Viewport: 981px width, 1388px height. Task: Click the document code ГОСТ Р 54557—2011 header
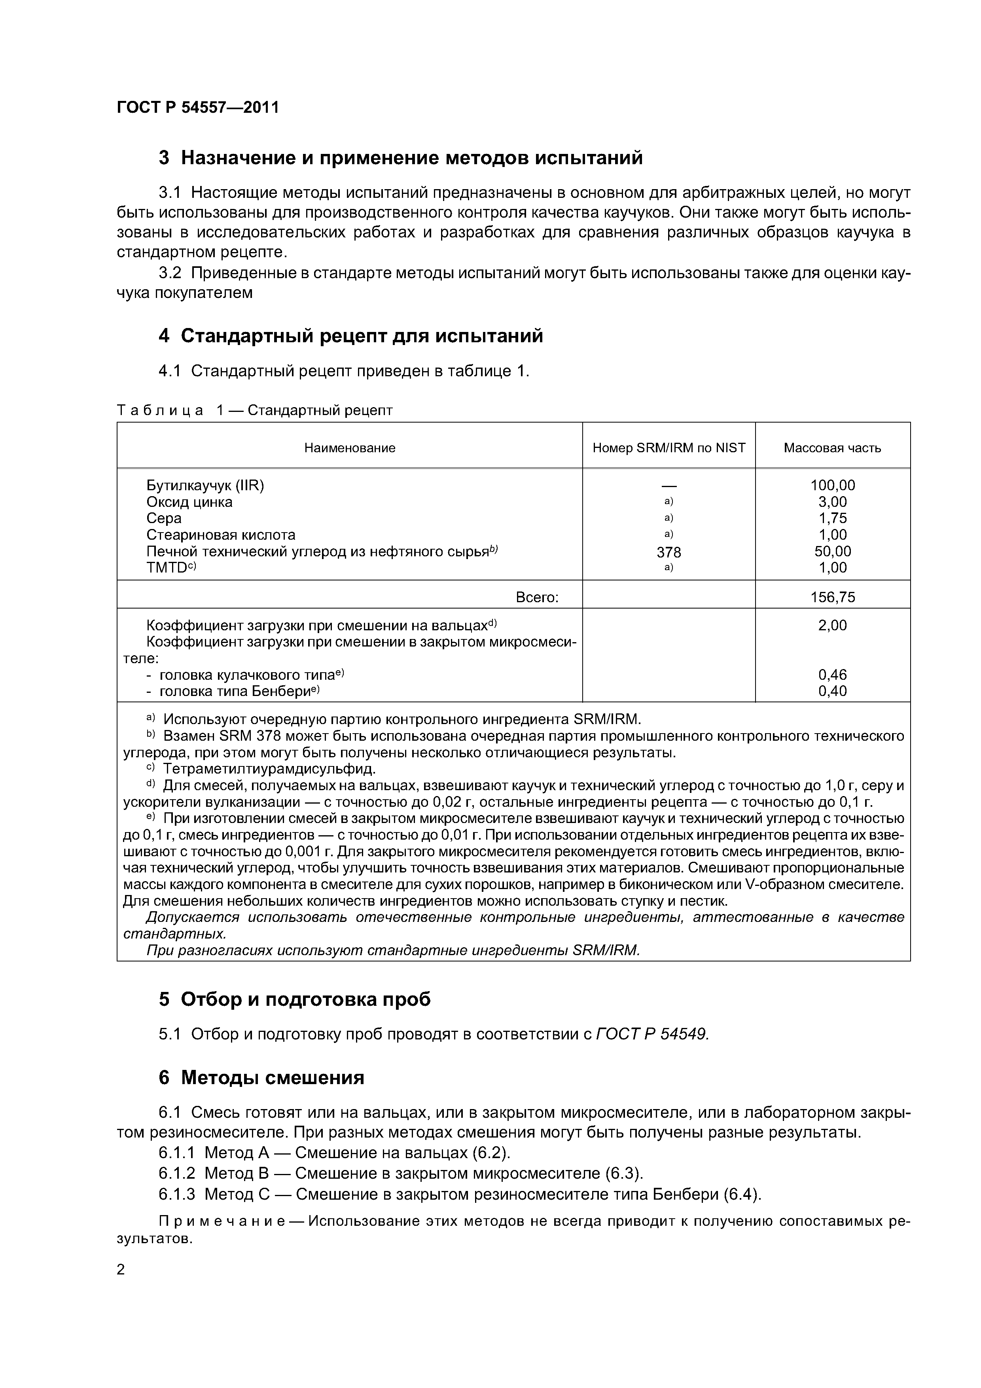198,108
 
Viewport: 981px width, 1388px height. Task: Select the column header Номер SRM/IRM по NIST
669,448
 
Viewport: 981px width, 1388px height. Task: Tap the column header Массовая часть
832,448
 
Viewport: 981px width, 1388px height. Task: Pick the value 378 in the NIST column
669,552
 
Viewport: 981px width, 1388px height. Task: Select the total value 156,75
832,597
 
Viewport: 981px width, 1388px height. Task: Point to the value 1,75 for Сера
832,518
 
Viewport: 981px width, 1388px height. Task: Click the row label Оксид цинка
189,502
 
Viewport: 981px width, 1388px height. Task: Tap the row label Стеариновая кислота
221,535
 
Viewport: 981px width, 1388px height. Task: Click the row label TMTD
170,568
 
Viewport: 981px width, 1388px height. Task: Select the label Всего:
537,597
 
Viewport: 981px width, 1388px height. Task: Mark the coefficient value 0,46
832,675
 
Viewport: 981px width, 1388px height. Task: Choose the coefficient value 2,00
832,625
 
